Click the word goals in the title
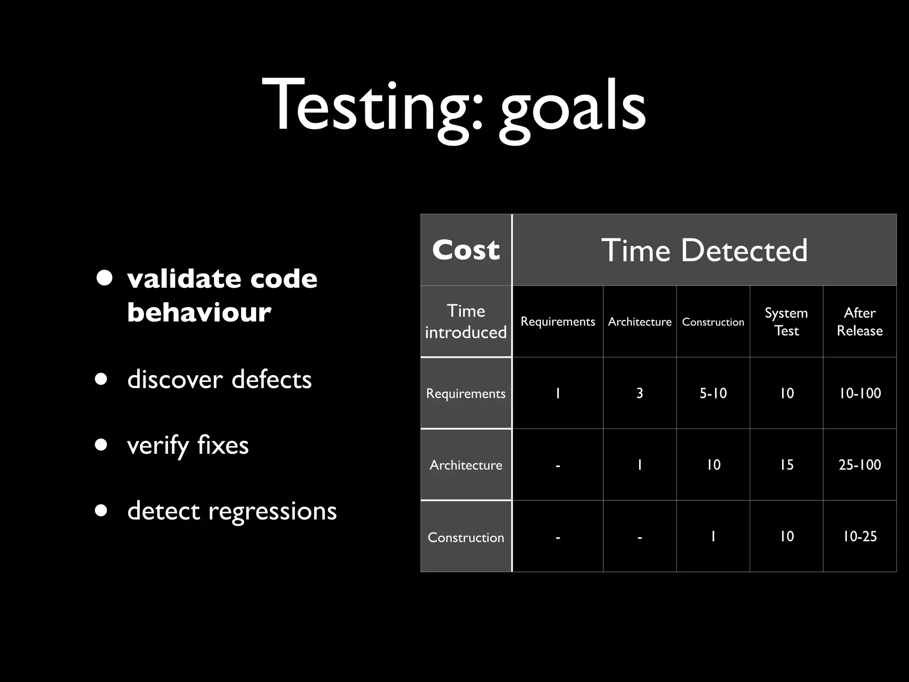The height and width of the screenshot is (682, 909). tap(572, 109)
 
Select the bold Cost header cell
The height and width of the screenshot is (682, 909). tap(466, 250)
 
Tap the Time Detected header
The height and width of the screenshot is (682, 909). tap(704, 250)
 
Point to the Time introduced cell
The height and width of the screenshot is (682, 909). tap(466, 321)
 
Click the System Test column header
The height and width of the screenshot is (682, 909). tap(786, 321)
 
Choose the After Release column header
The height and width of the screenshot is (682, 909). tap(859, 321)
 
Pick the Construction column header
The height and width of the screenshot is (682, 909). tap(713, 322)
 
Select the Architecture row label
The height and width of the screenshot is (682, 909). tap(466, 465)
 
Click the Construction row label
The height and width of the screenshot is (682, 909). tap(466, 537)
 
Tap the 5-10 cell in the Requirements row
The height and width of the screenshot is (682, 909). tap(713, 393)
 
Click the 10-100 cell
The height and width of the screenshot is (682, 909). tap(859, 393)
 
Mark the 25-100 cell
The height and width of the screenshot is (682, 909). tap(859, 465)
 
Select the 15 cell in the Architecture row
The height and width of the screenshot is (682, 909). tap(786, 465)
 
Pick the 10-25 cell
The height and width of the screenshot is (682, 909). tap(859, 536)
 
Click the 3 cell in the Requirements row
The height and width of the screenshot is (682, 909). tap(640, 393)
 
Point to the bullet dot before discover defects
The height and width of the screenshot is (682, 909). tap(101, 380)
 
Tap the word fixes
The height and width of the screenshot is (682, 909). tap(223, 445)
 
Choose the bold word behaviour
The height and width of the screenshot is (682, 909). tap(199, 312)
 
